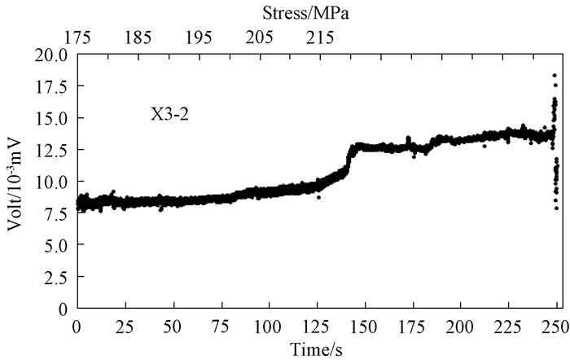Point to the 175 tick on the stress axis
[x=77, y=37]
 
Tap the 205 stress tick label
[x=260, y=37]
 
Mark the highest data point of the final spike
[x=555, y=76]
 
